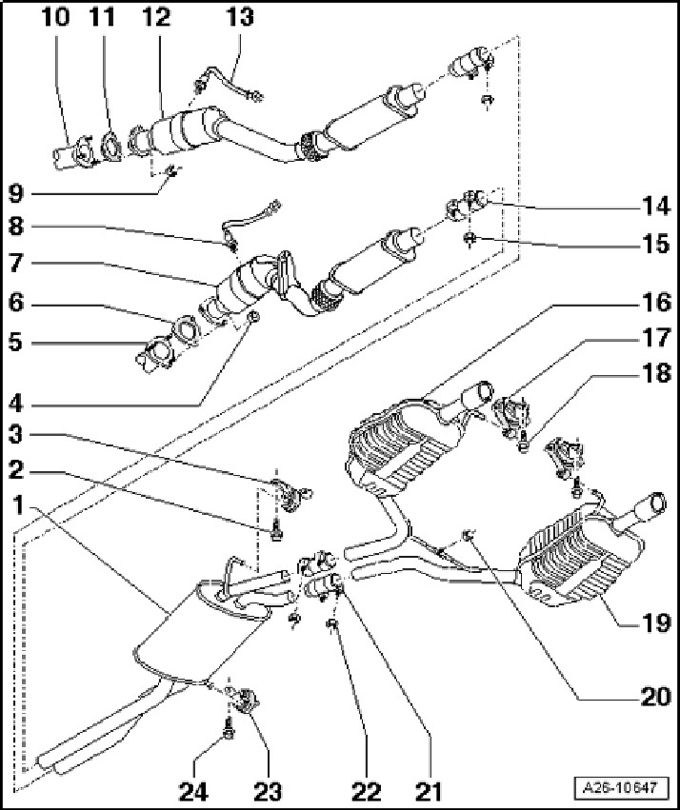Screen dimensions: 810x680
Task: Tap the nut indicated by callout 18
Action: pos(526,445)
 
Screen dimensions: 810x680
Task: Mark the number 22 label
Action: pos(367,789)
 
